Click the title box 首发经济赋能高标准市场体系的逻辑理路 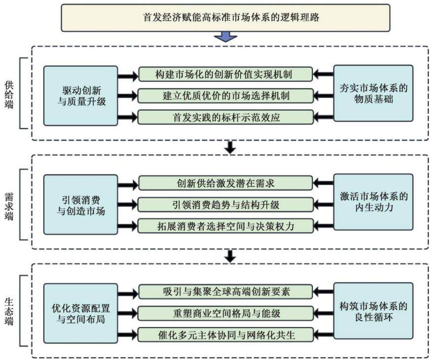225,18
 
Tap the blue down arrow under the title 226,36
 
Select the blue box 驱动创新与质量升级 81,95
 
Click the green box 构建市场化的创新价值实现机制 225,74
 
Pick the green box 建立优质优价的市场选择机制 225,96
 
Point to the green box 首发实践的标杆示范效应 225,118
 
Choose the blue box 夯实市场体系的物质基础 373,93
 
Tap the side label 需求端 9,206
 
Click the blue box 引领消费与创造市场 81,205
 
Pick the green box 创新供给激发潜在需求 225,183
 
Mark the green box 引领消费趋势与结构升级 225,205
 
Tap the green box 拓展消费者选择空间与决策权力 225,226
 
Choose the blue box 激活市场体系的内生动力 373,202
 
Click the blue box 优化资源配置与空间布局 81,313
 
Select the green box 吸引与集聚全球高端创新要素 225,292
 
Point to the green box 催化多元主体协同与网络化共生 225,335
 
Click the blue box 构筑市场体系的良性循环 373,311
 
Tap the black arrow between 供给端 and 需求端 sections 230,148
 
